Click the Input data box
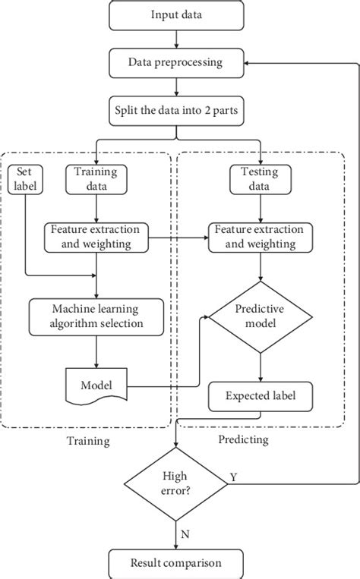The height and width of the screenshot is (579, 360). click(177, 14)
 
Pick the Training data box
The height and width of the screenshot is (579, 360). click(96, 178)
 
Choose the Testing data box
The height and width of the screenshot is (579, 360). click(261, 178)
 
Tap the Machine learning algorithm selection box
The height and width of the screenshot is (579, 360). click(96, 316)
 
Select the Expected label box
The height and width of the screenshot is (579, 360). click(261, 395)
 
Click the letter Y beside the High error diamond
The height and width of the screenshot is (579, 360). click(233, 477)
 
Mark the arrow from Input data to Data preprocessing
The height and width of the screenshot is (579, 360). click(177, 39)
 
